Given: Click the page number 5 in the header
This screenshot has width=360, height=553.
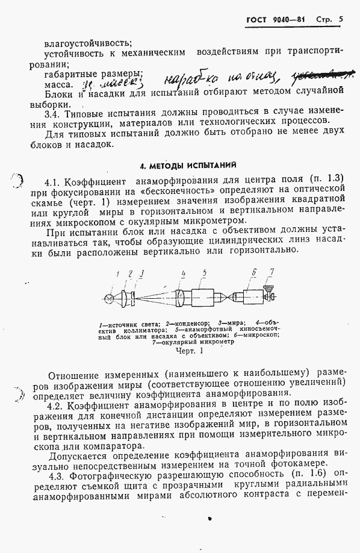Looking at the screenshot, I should click(341, 19).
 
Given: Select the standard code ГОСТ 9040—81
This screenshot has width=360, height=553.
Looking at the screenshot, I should click(276, 20).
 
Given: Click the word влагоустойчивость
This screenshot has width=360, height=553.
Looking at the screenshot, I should click(88, 43).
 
